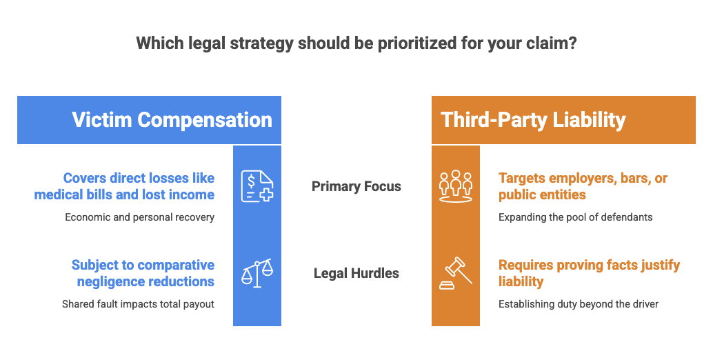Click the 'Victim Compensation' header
(172, 120)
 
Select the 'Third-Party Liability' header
(533, 120)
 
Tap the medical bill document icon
(257, 186)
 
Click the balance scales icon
(257, 273)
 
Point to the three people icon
(456, 186)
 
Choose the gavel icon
(456, 273)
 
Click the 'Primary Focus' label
(356, 186)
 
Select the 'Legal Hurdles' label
(356, 273)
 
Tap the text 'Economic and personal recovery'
(139, 217)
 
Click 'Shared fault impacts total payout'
(138, 304)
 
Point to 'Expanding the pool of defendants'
(575, 217)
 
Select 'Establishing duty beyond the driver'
(579, 304)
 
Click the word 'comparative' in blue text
(176, 266)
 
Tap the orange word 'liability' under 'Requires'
(521, 282)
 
